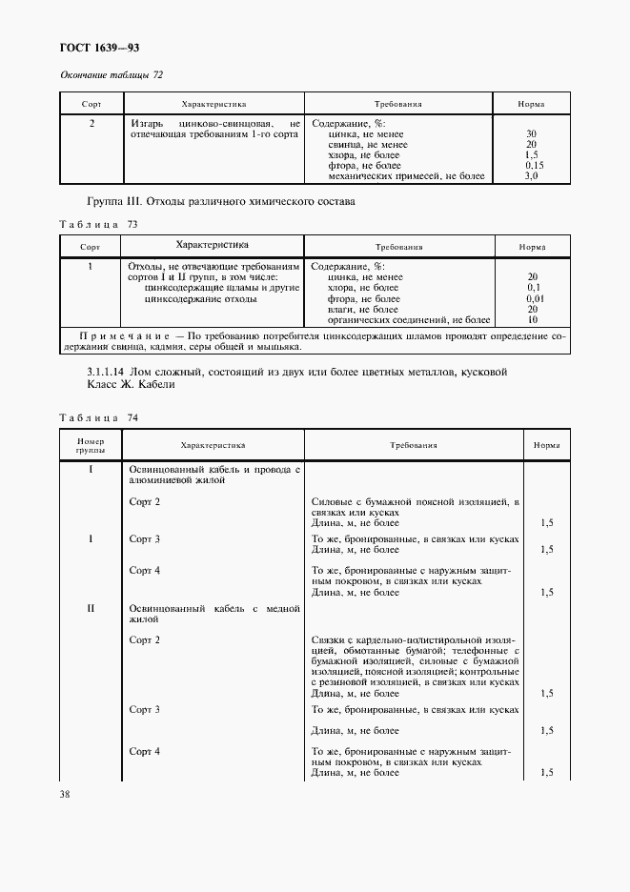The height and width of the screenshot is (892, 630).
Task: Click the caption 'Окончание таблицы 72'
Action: click(x=112, y=75)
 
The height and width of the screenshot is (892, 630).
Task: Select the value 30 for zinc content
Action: click(x=531, y=134)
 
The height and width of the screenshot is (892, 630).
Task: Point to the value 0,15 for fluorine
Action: click(x=533, y=166)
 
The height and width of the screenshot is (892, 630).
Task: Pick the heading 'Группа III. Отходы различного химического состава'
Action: click(x=220, y=202)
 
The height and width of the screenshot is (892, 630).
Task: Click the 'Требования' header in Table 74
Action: click(x=413, y=445)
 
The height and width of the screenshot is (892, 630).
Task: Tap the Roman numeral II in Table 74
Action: click(x=91, y=608)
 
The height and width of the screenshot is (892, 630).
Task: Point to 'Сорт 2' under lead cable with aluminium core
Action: click(x=145, y=501)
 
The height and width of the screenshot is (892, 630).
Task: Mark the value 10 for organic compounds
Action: click(x=532, y=320)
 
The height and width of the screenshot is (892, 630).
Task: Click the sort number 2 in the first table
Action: click(x=91, y=123)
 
